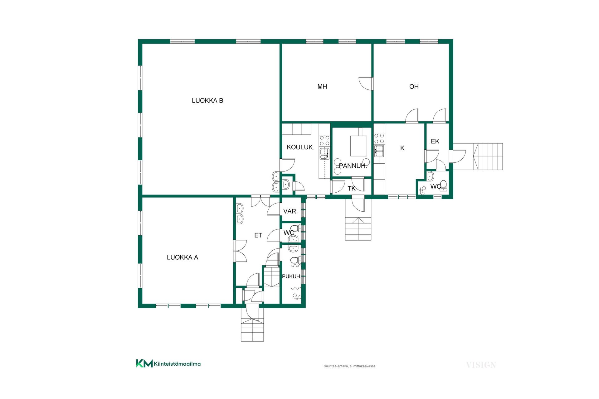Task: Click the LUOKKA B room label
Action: click(207, 101)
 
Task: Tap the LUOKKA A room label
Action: click(183, 257)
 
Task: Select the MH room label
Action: click(322, 87)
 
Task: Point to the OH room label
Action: click(414, 87)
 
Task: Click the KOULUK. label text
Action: click(300, 147)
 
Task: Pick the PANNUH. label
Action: click(353, 166)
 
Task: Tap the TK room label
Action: click(352, 189)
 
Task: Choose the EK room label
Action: click(435, 142)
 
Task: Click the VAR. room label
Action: click(290, 211)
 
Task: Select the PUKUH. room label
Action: click(292, 276)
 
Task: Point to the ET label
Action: click(258, 235)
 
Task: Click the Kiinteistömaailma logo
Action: click(168, 363)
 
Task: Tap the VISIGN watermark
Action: click(481, 365)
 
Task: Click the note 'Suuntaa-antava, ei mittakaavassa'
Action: click(349, 366)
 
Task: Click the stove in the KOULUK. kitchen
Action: click(324, 140)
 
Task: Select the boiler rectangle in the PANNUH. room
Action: click(358, 146)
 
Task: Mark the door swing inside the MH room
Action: click(365, 84)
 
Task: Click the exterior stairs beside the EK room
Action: click(488, 156)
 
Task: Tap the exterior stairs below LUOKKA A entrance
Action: click(252, 330)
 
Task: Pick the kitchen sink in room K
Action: click(379, 151)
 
